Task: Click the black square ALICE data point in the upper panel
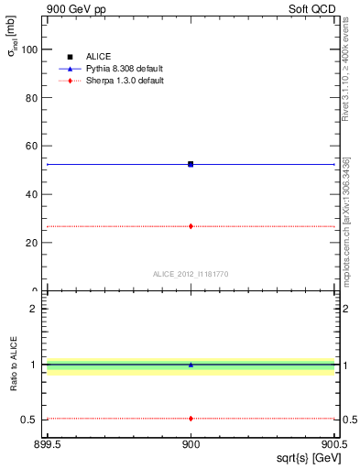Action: click(191, 164)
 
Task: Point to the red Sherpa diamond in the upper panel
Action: click(191, 225)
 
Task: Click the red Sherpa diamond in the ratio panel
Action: click(191, 419)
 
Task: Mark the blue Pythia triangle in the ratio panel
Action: click(191, 365)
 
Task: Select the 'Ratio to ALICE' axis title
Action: click(14, 364)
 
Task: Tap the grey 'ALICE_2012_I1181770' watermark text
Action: click(191, 274)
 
